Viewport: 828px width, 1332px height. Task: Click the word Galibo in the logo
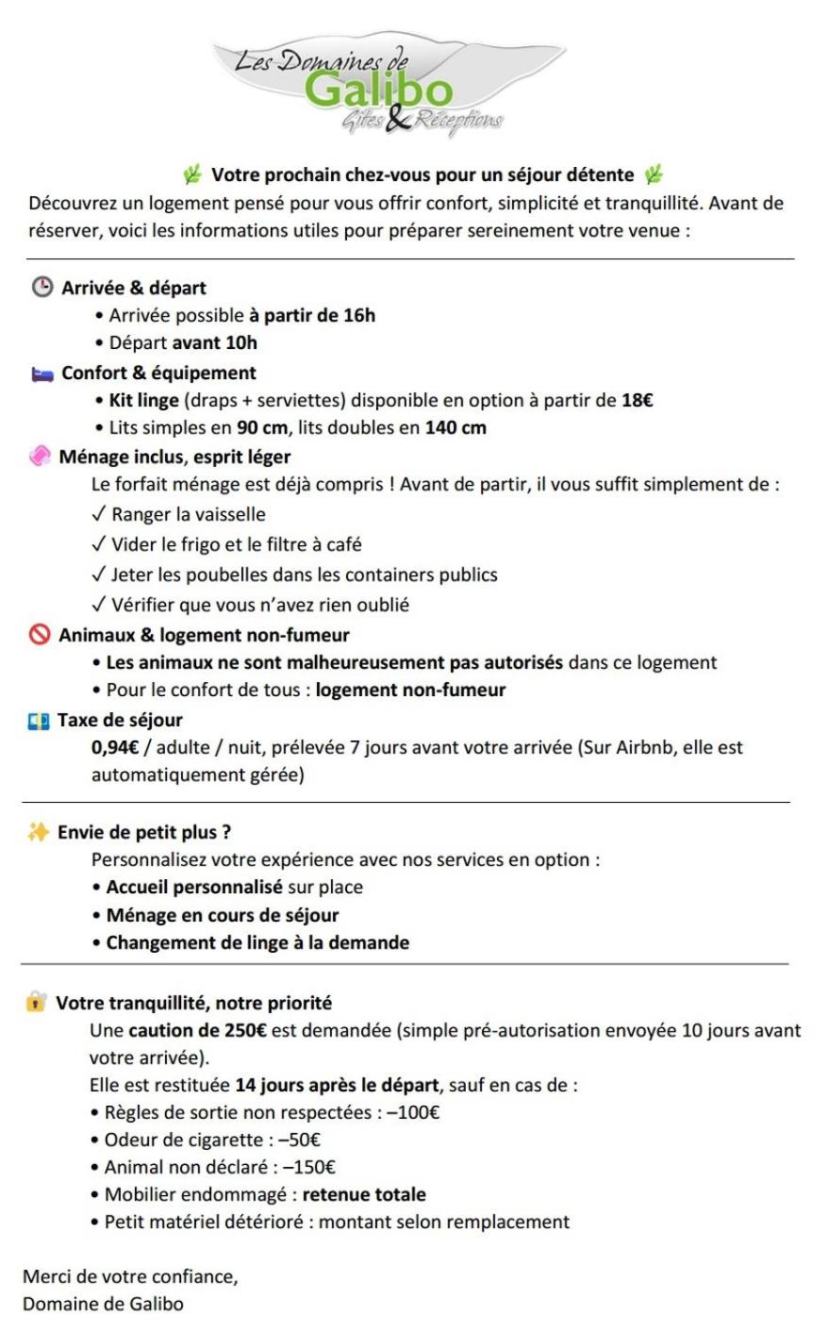pos(379,92)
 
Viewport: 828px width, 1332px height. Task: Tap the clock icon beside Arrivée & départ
pos(42,288)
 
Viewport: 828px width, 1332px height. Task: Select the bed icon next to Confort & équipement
pos(42,374)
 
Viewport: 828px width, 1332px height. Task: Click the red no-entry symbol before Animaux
pos(40,635)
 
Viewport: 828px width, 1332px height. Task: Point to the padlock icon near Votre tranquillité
pos(36,1002)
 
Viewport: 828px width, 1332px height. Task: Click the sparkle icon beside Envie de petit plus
pos(38,832)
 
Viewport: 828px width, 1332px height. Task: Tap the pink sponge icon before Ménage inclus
pos(40,457)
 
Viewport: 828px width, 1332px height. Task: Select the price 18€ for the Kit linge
pos(637,400)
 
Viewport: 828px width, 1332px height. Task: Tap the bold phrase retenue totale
pos(364,1194)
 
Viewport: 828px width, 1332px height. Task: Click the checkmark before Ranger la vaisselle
pos(99,515)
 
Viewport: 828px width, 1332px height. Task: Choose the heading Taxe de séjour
pos(120,720)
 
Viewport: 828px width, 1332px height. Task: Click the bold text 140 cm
pos(455,427)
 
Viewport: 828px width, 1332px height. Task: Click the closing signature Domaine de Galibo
pos(103,1304)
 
